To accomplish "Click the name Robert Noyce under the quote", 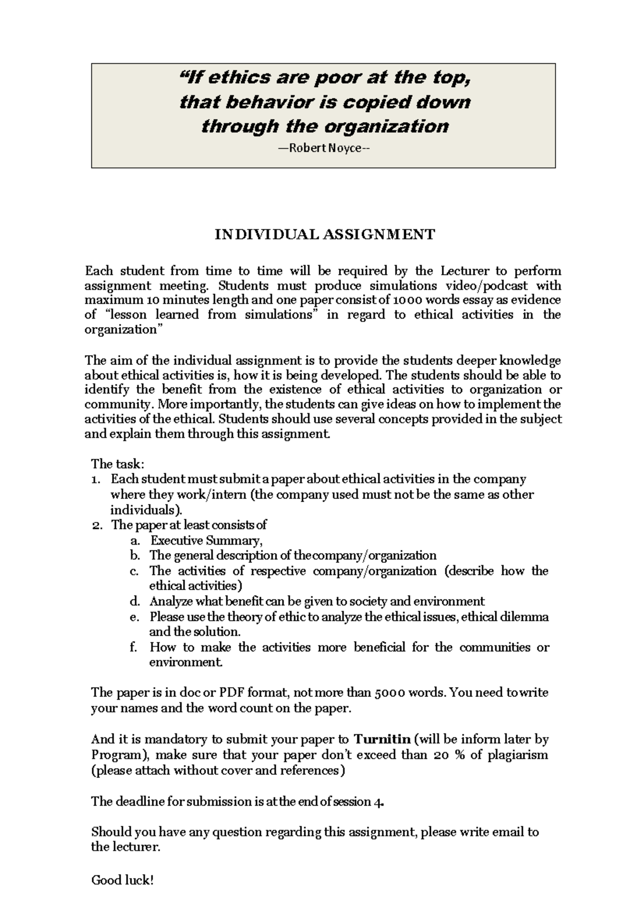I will tap(325, 148).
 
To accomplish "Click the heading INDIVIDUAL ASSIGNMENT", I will tap(325, 234).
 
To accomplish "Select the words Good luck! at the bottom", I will tap(123, 880).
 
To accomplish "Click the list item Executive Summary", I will tap(206, 540).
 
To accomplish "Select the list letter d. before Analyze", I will tap(135, 601).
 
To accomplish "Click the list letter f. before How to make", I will tap(134, 647).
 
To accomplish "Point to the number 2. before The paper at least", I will tap(97, 525).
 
